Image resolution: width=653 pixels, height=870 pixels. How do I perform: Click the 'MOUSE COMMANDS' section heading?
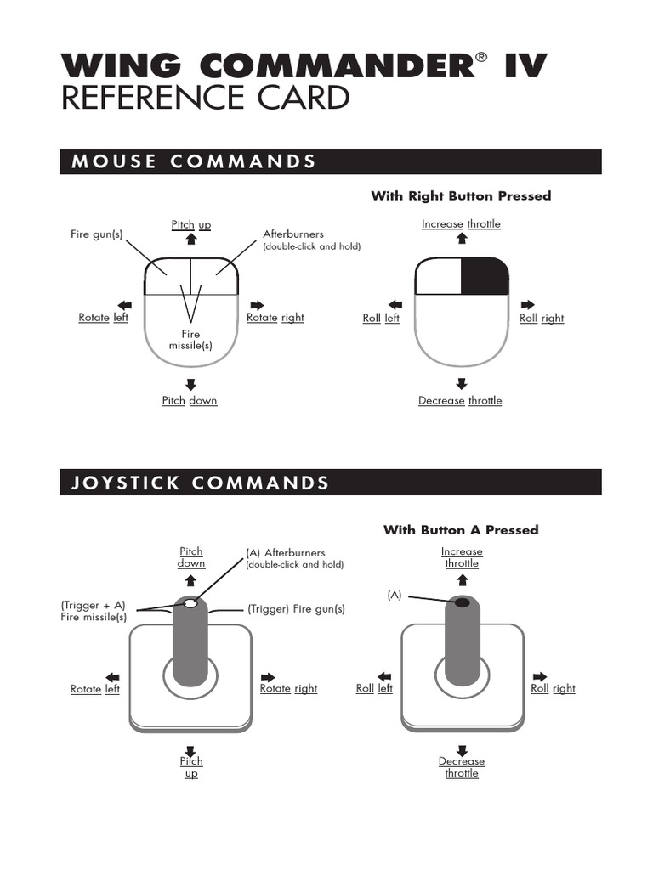194,161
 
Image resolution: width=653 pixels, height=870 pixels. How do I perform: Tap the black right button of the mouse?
485,276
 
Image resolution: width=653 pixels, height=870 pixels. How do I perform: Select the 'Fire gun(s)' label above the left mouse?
96,234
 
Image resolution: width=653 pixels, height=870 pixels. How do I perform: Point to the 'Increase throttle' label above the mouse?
461,224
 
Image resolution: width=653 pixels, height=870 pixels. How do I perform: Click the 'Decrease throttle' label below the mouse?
460,400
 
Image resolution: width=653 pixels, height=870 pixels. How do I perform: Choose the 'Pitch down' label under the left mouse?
190,400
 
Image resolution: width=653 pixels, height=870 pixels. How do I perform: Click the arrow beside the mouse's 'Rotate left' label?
125,304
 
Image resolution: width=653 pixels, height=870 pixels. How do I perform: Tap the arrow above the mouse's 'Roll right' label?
527,304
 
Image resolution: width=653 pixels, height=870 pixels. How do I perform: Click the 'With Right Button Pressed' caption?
461,196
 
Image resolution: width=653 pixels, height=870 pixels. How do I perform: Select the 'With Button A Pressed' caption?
461,530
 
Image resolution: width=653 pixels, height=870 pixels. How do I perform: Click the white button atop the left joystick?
190,603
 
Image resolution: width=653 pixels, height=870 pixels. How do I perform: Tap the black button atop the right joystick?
462,602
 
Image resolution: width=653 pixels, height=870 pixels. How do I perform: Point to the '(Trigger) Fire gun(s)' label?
297,609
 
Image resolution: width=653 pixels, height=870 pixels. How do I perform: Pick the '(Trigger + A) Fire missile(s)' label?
94,611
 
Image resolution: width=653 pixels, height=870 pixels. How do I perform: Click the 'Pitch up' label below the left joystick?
191,767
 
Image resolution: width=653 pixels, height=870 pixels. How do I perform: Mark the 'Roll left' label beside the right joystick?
374,689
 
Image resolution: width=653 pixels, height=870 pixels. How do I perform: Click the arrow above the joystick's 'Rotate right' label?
269,676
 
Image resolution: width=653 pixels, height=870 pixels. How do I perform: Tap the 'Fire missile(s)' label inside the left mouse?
190,340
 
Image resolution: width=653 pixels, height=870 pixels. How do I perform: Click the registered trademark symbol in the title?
482,58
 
